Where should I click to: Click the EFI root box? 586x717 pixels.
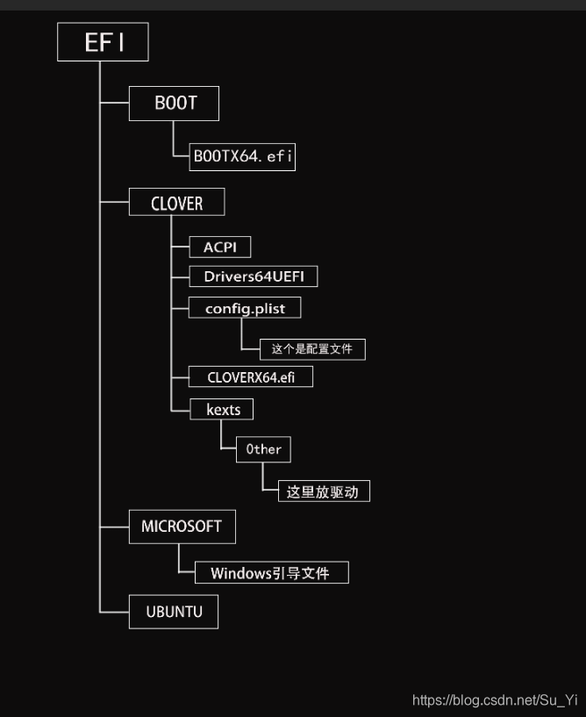click(103, 42)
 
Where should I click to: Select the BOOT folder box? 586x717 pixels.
click(174, 104)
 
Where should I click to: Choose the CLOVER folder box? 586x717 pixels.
click(176, 204)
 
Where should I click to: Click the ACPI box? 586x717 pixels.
click(220, 247)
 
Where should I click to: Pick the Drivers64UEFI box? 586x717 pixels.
click(254, 276)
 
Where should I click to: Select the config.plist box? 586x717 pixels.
click(245, 308)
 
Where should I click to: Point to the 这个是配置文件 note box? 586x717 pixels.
click(312, 348)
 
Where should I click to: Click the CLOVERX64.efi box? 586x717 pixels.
click(251, 377)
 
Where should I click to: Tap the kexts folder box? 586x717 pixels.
click(222, 409)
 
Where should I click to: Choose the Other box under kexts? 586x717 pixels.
click(263, 449)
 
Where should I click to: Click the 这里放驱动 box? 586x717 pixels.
click(323, 491)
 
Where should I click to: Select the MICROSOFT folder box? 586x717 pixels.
click(182, 527)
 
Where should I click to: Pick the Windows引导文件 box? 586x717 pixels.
click(271, 573)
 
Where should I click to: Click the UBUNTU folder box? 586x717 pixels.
click(174, 612)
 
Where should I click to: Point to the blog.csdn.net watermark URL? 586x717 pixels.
click(494, 699)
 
